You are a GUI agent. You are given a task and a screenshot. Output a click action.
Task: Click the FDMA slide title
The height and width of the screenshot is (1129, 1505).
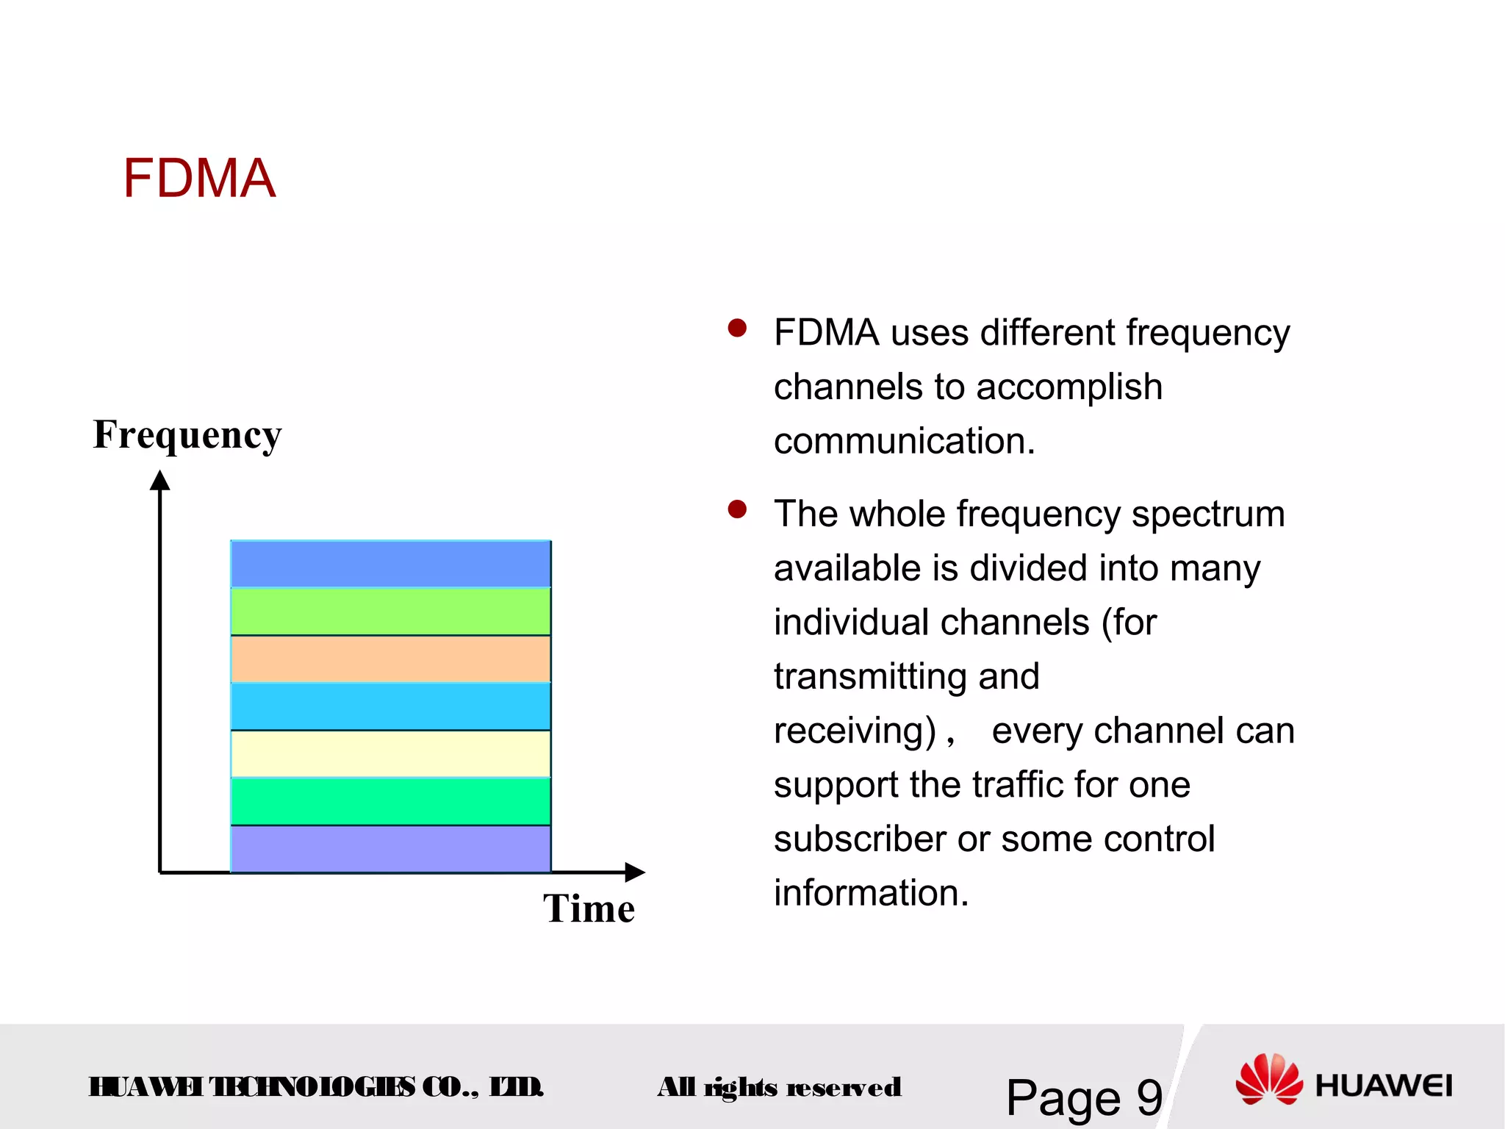(198, 179)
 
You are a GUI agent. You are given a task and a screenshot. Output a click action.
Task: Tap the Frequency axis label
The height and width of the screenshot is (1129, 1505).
(187, 434)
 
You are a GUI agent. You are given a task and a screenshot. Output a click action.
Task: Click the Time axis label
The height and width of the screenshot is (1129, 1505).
(589, 908)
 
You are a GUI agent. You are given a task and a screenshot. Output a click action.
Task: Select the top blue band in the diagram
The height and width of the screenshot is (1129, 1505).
(390, 564)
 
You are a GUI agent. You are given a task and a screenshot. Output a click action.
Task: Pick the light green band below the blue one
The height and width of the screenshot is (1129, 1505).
(390, 612)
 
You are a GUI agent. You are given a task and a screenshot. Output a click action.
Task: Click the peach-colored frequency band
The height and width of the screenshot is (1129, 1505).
(390, 659)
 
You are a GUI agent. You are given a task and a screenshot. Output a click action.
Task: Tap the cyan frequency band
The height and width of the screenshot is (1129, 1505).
(390, 706)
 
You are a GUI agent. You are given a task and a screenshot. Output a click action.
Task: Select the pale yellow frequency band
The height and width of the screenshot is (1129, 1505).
(390, 754)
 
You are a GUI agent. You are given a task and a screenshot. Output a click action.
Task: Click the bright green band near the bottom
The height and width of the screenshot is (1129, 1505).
(390, 801)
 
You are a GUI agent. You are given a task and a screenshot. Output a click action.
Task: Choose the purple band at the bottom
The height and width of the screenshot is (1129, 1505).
(390, 849)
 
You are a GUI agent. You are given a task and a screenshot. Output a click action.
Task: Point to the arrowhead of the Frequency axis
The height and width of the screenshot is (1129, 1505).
(160, 481)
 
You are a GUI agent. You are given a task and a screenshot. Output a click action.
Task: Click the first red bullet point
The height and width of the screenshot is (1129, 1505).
(737, 328)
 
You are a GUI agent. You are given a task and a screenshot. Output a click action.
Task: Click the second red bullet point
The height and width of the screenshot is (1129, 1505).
(737, 509)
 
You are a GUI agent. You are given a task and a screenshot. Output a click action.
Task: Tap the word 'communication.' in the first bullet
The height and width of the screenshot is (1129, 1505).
(904, 441)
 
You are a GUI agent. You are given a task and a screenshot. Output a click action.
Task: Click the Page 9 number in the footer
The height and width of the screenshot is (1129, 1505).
(1084, 1097)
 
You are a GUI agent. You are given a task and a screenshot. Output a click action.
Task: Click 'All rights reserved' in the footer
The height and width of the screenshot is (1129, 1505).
(779, 1087)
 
